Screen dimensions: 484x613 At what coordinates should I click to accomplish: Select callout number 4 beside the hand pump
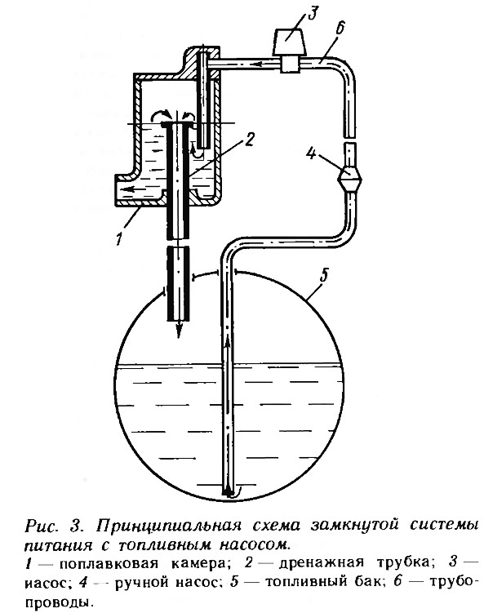point(311,153)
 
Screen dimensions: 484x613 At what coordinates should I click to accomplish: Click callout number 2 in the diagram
point(249,140)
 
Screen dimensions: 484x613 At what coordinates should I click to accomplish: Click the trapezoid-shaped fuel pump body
point(289,41)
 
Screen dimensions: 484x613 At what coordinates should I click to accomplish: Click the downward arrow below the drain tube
point(178,329)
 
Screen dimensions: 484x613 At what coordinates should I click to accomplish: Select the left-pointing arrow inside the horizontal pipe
point(262,64)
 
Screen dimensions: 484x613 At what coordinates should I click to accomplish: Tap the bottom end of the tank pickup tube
point(228,495)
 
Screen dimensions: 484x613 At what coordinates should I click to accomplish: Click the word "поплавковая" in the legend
point(109,564)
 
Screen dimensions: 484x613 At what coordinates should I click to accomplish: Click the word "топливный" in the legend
point(305,583)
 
